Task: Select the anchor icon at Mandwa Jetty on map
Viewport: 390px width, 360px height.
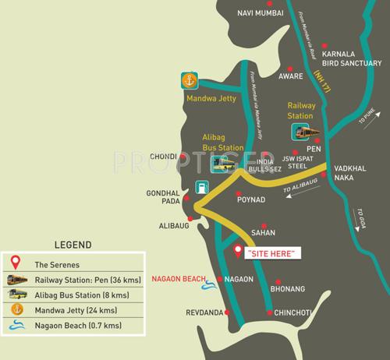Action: (x=188, y=79)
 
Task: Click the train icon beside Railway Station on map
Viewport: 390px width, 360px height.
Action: (x=303, y=132)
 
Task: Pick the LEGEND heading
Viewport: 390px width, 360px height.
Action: (x=73, y=244)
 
